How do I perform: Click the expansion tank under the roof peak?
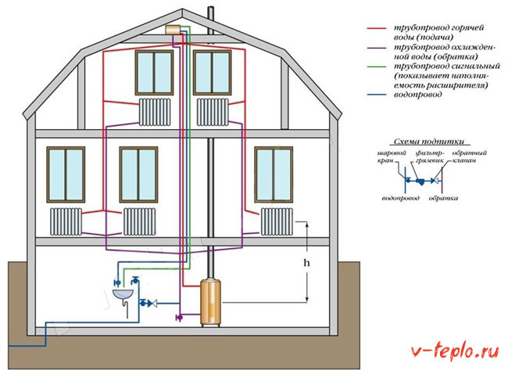(x=173, y=30)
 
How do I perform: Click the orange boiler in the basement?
(x=210, y=302)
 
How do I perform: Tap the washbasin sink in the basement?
(x=123, y=294)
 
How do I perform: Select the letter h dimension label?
(x=306, y=262)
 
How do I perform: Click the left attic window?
(x=154, y=73)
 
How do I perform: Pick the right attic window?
(x=212, y=73)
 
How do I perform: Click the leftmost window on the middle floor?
(x=66, y=175)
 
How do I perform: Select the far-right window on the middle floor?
(x=274, y=175)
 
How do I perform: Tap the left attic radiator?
(x=155, y=112)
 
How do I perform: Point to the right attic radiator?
(x=213, y=112)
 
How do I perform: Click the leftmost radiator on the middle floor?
(x=66, y=222)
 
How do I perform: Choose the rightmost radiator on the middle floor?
(x=277, y=222)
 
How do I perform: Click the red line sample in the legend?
(x=377, y=28)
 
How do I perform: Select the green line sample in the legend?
(x=377, y=67)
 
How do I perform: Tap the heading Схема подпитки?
(x=428, y=142)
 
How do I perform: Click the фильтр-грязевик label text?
(x=429, y=157)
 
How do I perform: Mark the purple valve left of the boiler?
(x=179, y=317)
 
